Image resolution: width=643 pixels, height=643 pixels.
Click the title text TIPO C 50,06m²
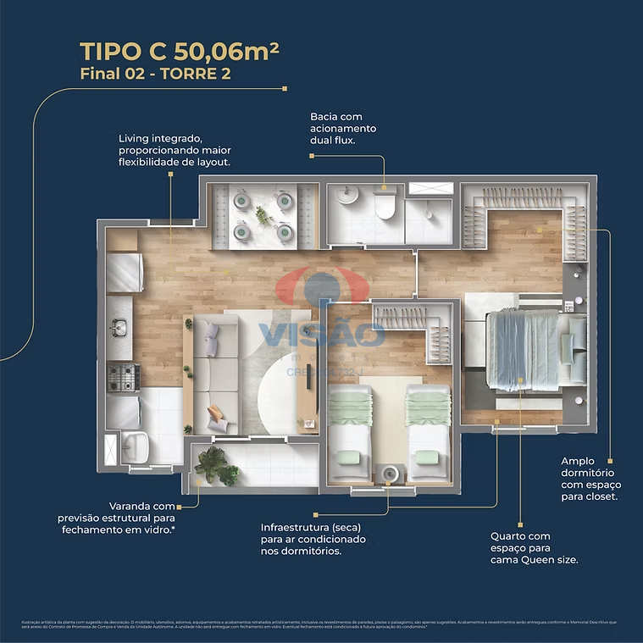180,51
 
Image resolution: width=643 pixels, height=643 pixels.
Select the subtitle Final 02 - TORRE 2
155,74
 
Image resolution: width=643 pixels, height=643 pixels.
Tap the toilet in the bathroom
385,204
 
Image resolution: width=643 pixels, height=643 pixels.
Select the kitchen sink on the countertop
119,326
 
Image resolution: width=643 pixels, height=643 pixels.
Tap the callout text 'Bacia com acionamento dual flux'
343,128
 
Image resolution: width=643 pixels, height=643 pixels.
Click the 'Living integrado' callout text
175,149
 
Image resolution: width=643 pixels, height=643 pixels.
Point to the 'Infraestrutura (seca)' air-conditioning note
313,539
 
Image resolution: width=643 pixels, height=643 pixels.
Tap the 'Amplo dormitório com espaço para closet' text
589,479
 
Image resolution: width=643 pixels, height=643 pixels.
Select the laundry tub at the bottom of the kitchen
134,442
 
